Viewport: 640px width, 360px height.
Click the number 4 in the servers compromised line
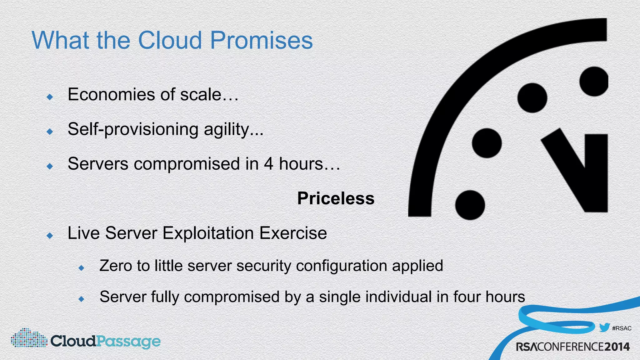(x=268, y=164)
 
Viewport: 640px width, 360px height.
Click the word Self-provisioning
(x=133, y=129)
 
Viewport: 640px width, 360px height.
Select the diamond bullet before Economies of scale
(x=50, y=97)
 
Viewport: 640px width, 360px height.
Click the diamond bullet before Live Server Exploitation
(x=50, y=236)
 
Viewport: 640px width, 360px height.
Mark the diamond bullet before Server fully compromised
(x=82, y=299)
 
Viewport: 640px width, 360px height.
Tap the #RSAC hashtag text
(x=622, y=328)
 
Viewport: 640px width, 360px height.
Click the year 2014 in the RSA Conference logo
(x=617, y=347)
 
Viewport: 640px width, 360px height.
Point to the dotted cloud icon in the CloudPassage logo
(x=29, y=338)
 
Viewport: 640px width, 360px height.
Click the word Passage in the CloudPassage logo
(x=128, y=341)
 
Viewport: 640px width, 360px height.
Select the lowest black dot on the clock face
(x=470, y=205)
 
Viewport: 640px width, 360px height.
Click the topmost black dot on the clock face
(x=594, y=81)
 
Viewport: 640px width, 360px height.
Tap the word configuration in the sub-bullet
(x=341, y=266)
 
